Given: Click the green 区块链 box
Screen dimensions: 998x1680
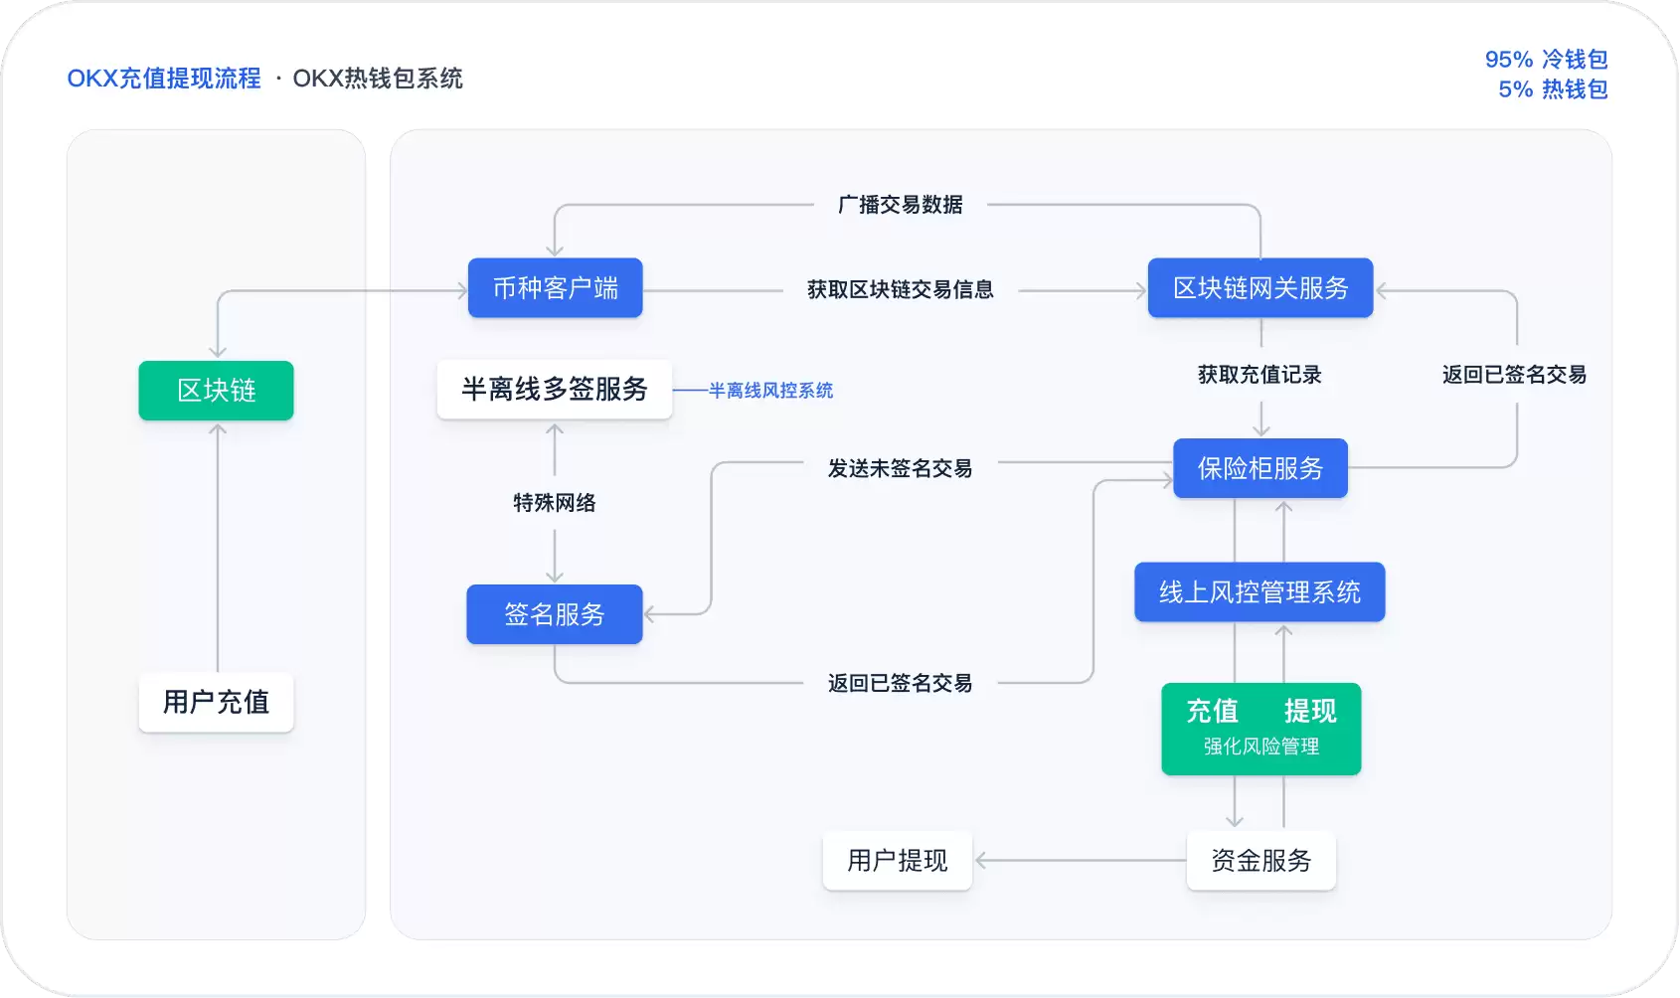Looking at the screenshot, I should pyautogui.click(x=216, y=391).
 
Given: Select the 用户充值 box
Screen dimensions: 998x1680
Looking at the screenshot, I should pyautogui.click(x=216, y=703).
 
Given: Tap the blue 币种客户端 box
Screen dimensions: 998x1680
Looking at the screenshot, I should pyautogui.click(x=555, y=288).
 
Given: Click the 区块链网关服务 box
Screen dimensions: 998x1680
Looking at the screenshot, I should pyautogui.click(x=1260, y=288).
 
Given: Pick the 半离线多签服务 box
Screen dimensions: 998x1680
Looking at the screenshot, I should pyautogui.click(x=554, y=389).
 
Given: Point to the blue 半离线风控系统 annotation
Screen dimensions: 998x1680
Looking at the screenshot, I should pyautogui.click(x=770, y=391).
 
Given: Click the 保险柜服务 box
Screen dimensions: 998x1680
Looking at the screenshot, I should pyautogui.click(x=1260, y=468).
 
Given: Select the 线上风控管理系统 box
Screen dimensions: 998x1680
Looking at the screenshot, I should pyautogui.click(x=1260, y=592).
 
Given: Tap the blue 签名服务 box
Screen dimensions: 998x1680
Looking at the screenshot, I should pyautogui.click(x=554, y=614).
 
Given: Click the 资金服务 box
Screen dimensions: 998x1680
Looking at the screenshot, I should pyautogui.click(x=1260, y=861).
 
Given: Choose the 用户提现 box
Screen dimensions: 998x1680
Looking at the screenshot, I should pyautogui.click(x=897, y=861).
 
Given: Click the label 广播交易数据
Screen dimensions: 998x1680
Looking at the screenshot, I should pyautogui.click(x=900, y=205).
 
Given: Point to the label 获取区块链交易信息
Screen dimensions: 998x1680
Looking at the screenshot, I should pyautogui.click(x=900, y=289).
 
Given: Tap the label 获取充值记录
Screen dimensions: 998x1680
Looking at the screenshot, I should pyautogui.click(x=1260, y=375).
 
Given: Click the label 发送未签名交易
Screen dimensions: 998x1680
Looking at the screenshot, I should pyautogui.click(x=900, y=468).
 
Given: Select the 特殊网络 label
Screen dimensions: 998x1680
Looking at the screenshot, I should pyautogui.click(x=554, y=503).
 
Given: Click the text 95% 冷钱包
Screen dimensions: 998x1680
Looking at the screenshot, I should pyautogui.click(x=1546, y=60).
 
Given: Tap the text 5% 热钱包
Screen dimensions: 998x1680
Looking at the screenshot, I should pyautogui.click(x=1553, y=89).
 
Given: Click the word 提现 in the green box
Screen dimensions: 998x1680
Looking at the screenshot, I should pyautogui.click(x=1309, y=712).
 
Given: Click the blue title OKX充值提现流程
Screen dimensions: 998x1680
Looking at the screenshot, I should pyautogui.click(x=164, y=79).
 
